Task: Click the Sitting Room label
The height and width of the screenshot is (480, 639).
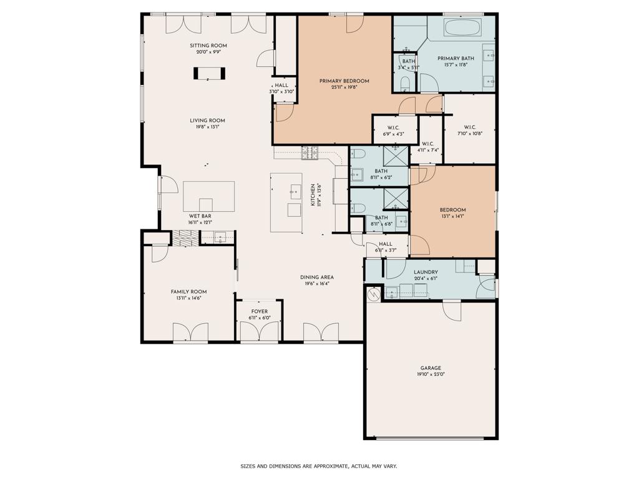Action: [208, 46]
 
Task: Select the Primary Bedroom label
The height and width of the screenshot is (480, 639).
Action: [344, 81]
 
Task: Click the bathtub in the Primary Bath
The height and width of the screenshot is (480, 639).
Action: [462, 28]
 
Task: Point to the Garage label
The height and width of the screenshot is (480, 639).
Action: [431, 368]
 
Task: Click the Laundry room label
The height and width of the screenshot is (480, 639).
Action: [426, 272]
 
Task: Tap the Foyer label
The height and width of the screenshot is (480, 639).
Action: [260, 311]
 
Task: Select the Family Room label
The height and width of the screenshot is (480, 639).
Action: [188, 291]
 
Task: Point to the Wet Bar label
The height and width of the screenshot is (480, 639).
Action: [200, 216]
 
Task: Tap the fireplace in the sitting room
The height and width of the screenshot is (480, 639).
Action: [209, 73]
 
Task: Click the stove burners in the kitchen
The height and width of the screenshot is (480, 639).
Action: [310, 152]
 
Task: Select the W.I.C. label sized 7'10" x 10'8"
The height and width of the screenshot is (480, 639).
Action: [469, 127]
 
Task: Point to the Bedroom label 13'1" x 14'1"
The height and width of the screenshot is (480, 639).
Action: [452, 210]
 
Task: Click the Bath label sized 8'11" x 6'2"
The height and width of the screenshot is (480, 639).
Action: [381, 171]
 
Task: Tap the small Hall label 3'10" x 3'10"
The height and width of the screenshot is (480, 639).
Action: [281, 85]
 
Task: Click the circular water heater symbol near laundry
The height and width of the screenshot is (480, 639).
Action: [374, 294]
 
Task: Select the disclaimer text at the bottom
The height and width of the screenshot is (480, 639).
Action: [319, 466]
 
